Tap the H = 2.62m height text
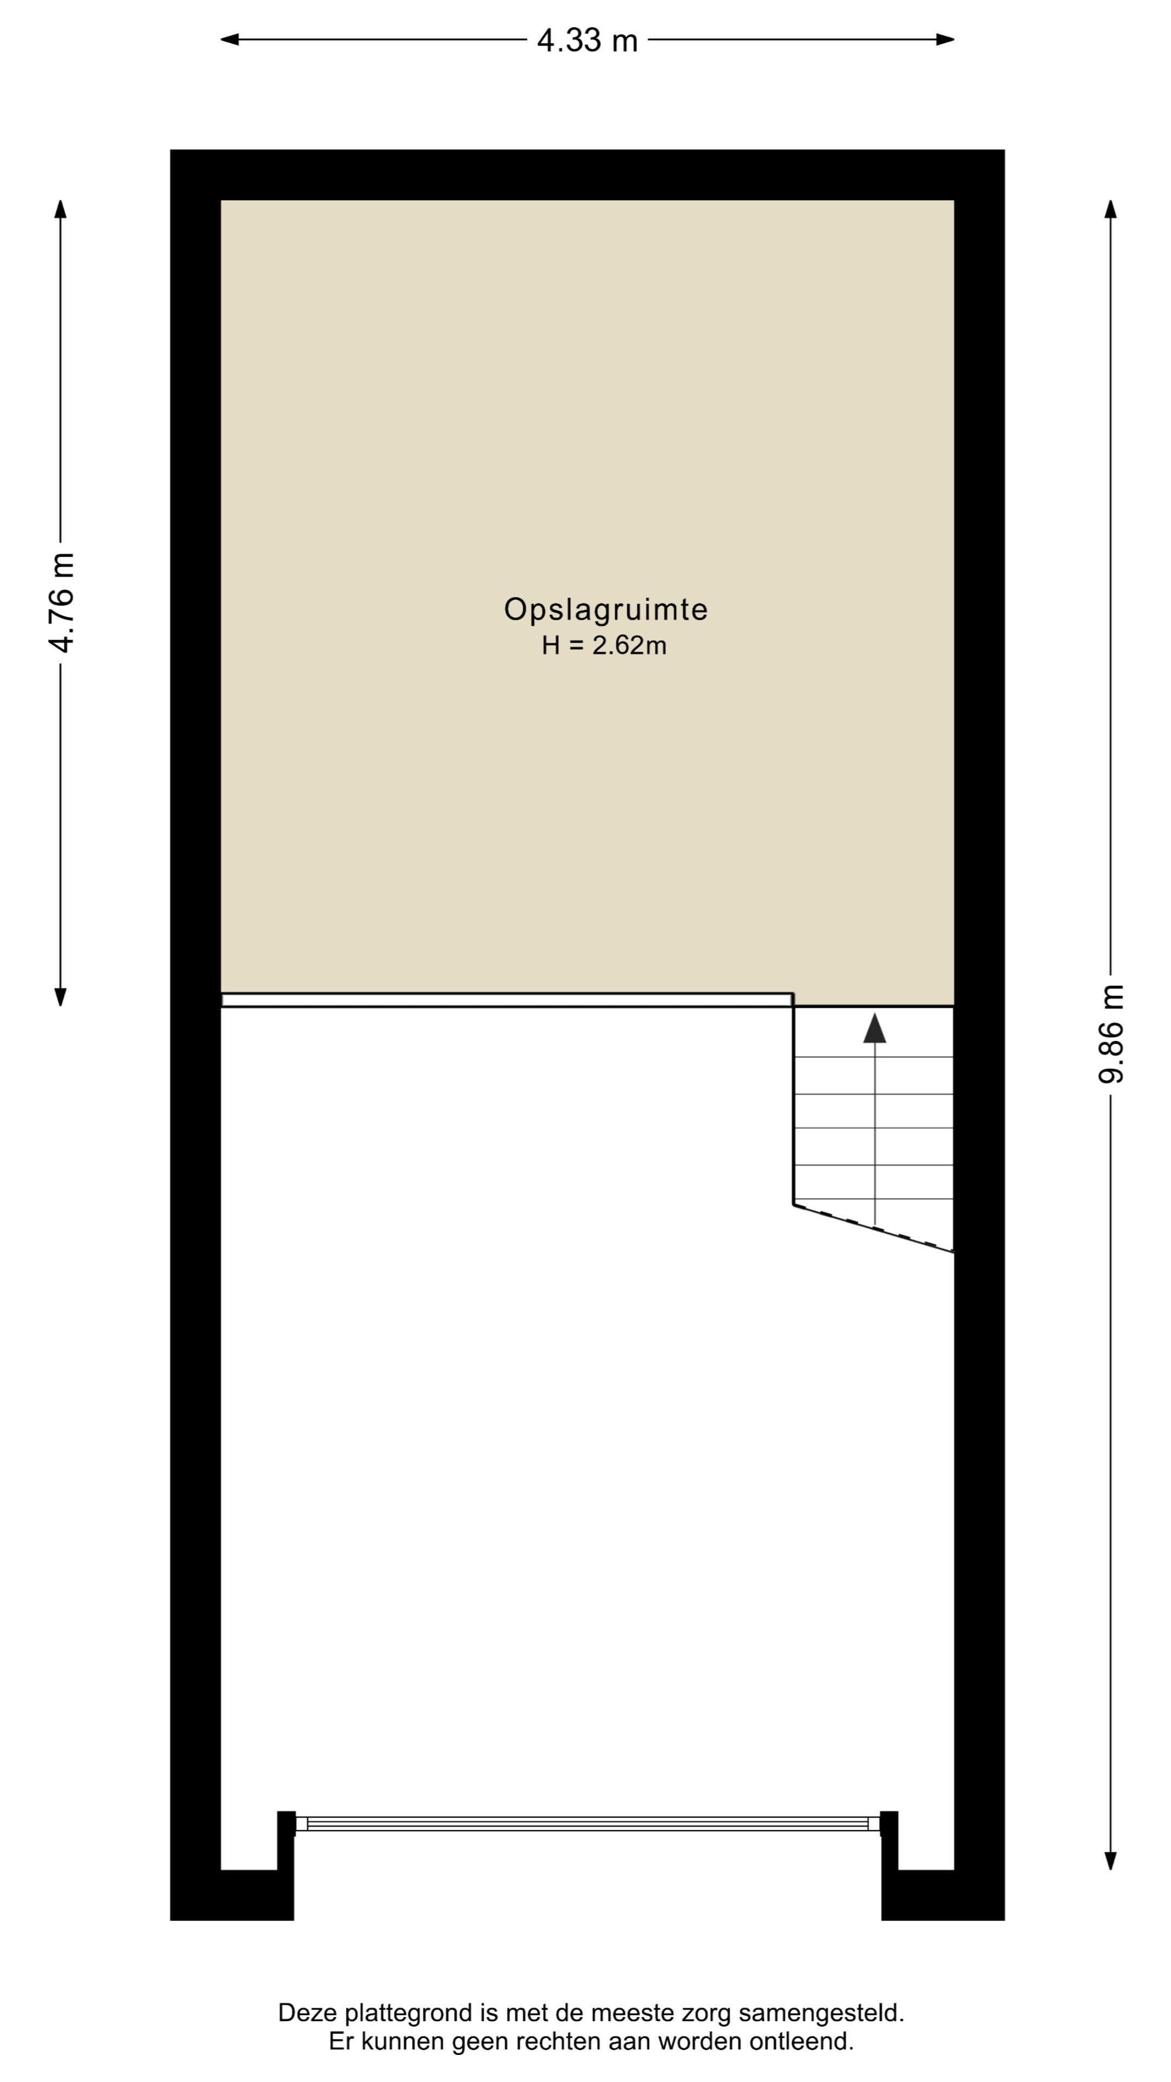[x=604, y=646]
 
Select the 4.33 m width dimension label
[x=588, y=40]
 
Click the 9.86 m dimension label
[x=1111, y=1034]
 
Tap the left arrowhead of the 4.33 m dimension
[x=229, y=40]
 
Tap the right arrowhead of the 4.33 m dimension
[x=945, y=40]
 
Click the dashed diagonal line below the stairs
[x=873, y=1229]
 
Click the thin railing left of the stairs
[x=507, y=1000]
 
